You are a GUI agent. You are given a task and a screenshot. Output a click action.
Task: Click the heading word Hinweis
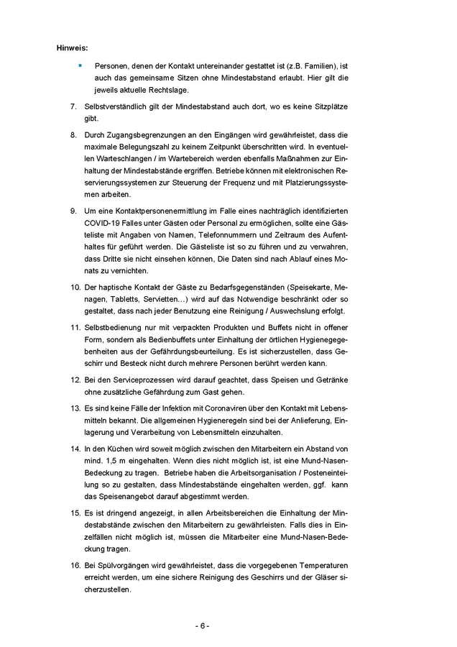[73, 48]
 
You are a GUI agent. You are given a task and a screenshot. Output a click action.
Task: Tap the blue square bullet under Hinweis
[80, 65]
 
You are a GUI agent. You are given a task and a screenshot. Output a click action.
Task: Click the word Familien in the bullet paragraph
[316, 65]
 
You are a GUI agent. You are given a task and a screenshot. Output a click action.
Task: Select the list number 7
[73, 106]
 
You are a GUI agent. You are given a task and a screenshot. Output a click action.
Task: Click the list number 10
[74, 287]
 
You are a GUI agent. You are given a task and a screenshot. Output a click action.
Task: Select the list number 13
[74, 406]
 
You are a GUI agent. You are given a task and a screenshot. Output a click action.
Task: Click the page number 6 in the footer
[203, 625]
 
